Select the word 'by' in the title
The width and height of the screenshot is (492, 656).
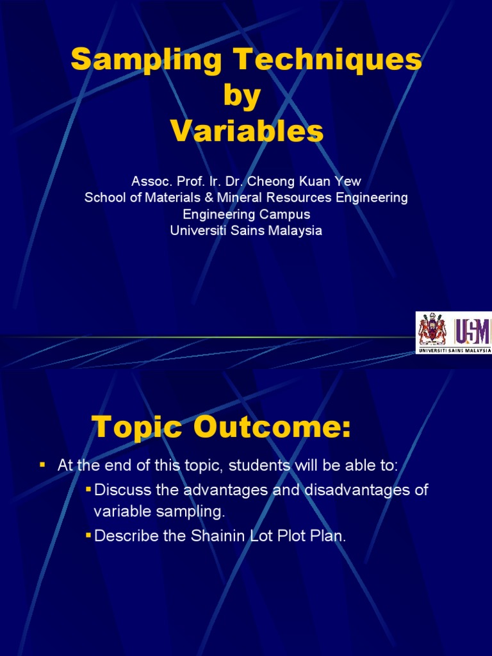click(242, 97)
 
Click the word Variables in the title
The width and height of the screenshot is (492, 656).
click(247, 132)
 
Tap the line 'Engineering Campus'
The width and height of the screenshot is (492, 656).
click(246, 214)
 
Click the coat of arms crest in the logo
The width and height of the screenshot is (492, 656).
click(432, 330)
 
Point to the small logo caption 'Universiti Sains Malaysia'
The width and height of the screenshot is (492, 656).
click(454, 350)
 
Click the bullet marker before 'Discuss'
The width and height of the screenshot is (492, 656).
click(88, 490)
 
